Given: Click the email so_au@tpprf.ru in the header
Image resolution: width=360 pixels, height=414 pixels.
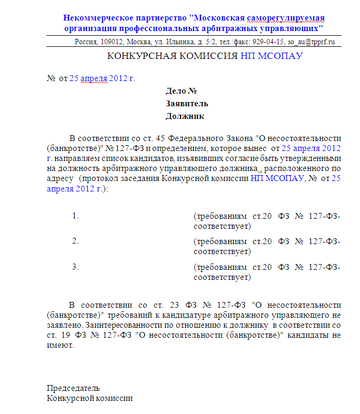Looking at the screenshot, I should (x=311, y=42).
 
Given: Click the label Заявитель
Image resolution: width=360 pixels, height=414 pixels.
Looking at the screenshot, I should (x=187, y=103).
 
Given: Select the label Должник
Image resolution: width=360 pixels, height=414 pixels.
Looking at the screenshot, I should (x=185, y=116).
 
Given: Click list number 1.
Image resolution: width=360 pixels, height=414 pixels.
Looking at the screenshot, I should (x=75, y=216).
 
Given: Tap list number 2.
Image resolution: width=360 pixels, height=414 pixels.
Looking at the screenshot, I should (x=75, y=241).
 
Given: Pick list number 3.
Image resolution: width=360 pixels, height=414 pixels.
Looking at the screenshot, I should (x=75, y=266).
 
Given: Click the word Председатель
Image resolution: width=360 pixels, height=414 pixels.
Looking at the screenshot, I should (x=73, y=388).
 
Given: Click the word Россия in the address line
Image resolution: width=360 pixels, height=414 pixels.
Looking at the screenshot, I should (x=86, y=42).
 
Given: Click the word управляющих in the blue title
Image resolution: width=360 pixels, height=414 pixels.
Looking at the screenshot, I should (x=296, y=27).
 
